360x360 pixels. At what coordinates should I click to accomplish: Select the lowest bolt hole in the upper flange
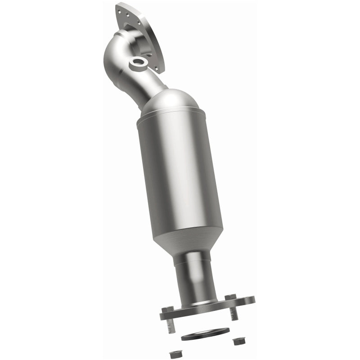coord(156,69)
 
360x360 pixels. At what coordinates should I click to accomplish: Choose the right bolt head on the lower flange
coord(231,297)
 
